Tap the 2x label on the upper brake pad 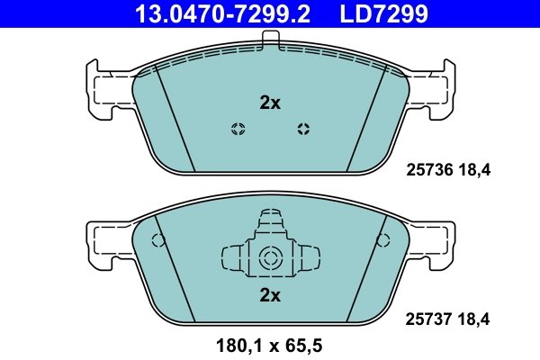270,103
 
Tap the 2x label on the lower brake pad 270,294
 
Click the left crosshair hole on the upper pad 238,128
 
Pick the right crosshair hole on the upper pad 303,128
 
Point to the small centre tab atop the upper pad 270,39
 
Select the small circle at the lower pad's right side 382,240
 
